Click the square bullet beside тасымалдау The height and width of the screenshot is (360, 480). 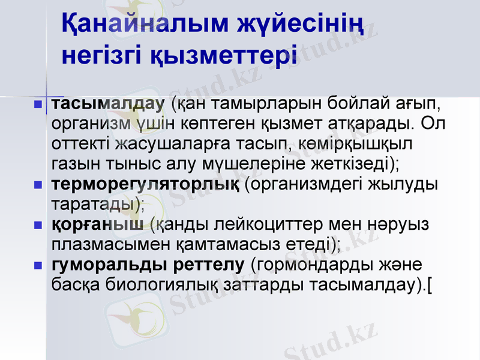tap(38, 105)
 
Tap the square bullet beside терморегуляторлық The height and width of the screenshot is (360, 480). tap(38, 185)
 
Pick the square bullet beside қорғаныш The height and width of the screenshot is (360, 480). tap(38, 226)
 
